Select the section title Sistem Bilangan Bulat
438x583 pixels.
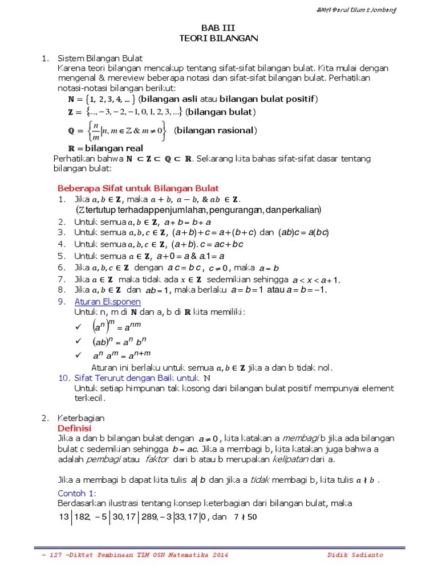click(100, 59)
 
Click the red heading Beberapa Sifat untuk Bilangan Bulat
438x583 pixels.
click(138, 188)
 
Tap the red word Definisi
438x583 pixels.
click(75, 428)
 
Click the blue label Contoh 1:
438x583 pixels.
click(77, 493)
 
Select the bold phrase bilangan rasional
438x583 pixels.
click(215, 130)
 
